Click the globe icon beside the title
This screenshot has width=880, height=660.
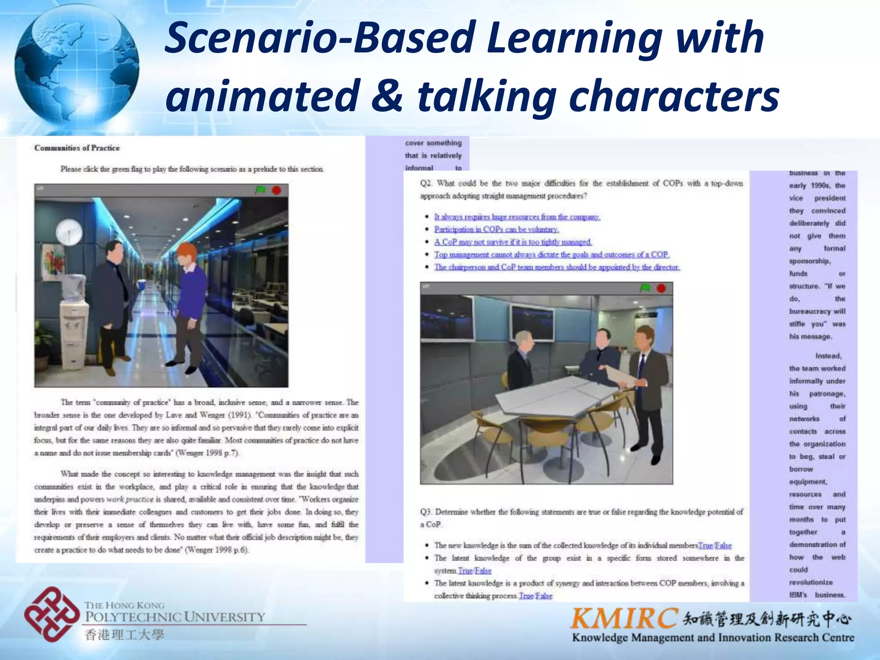[76, 64]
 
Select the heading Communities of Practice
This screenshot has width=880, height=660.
[77, 148]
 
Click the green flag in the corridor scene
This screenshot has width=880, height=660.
[260, 189]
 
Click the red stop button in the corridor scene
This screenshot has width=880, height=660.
[276, 190]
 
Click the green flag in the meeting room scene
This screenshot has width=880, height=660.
[645, 287]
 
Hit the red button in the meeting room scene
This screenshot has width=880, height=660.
[661, 288]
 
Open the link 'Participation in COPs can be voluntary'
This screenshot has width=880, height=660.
[496, 229]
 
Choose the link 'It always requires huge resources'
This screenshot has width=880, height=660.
[516, 217]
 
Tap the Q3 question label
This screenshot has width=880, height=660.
[426, 512]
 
